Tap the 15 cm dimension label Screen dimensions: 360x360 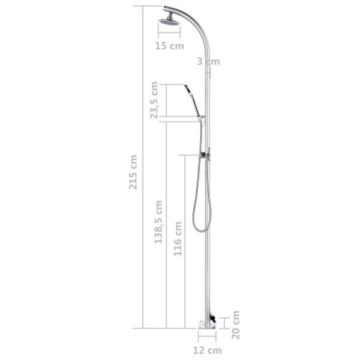coord(169,45)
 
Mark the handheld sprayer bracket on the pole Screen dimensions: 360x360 coord(204,119)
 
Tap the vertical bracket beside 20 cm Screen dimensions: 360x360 coord(225,323)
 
